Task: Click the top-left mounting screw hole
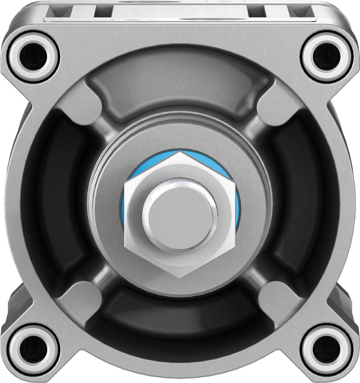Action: click(x=33, y=57)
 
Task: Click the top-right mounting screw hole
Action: click(x=326, y=57)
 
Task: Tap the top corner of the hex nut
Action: click(x=180, y=152)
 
